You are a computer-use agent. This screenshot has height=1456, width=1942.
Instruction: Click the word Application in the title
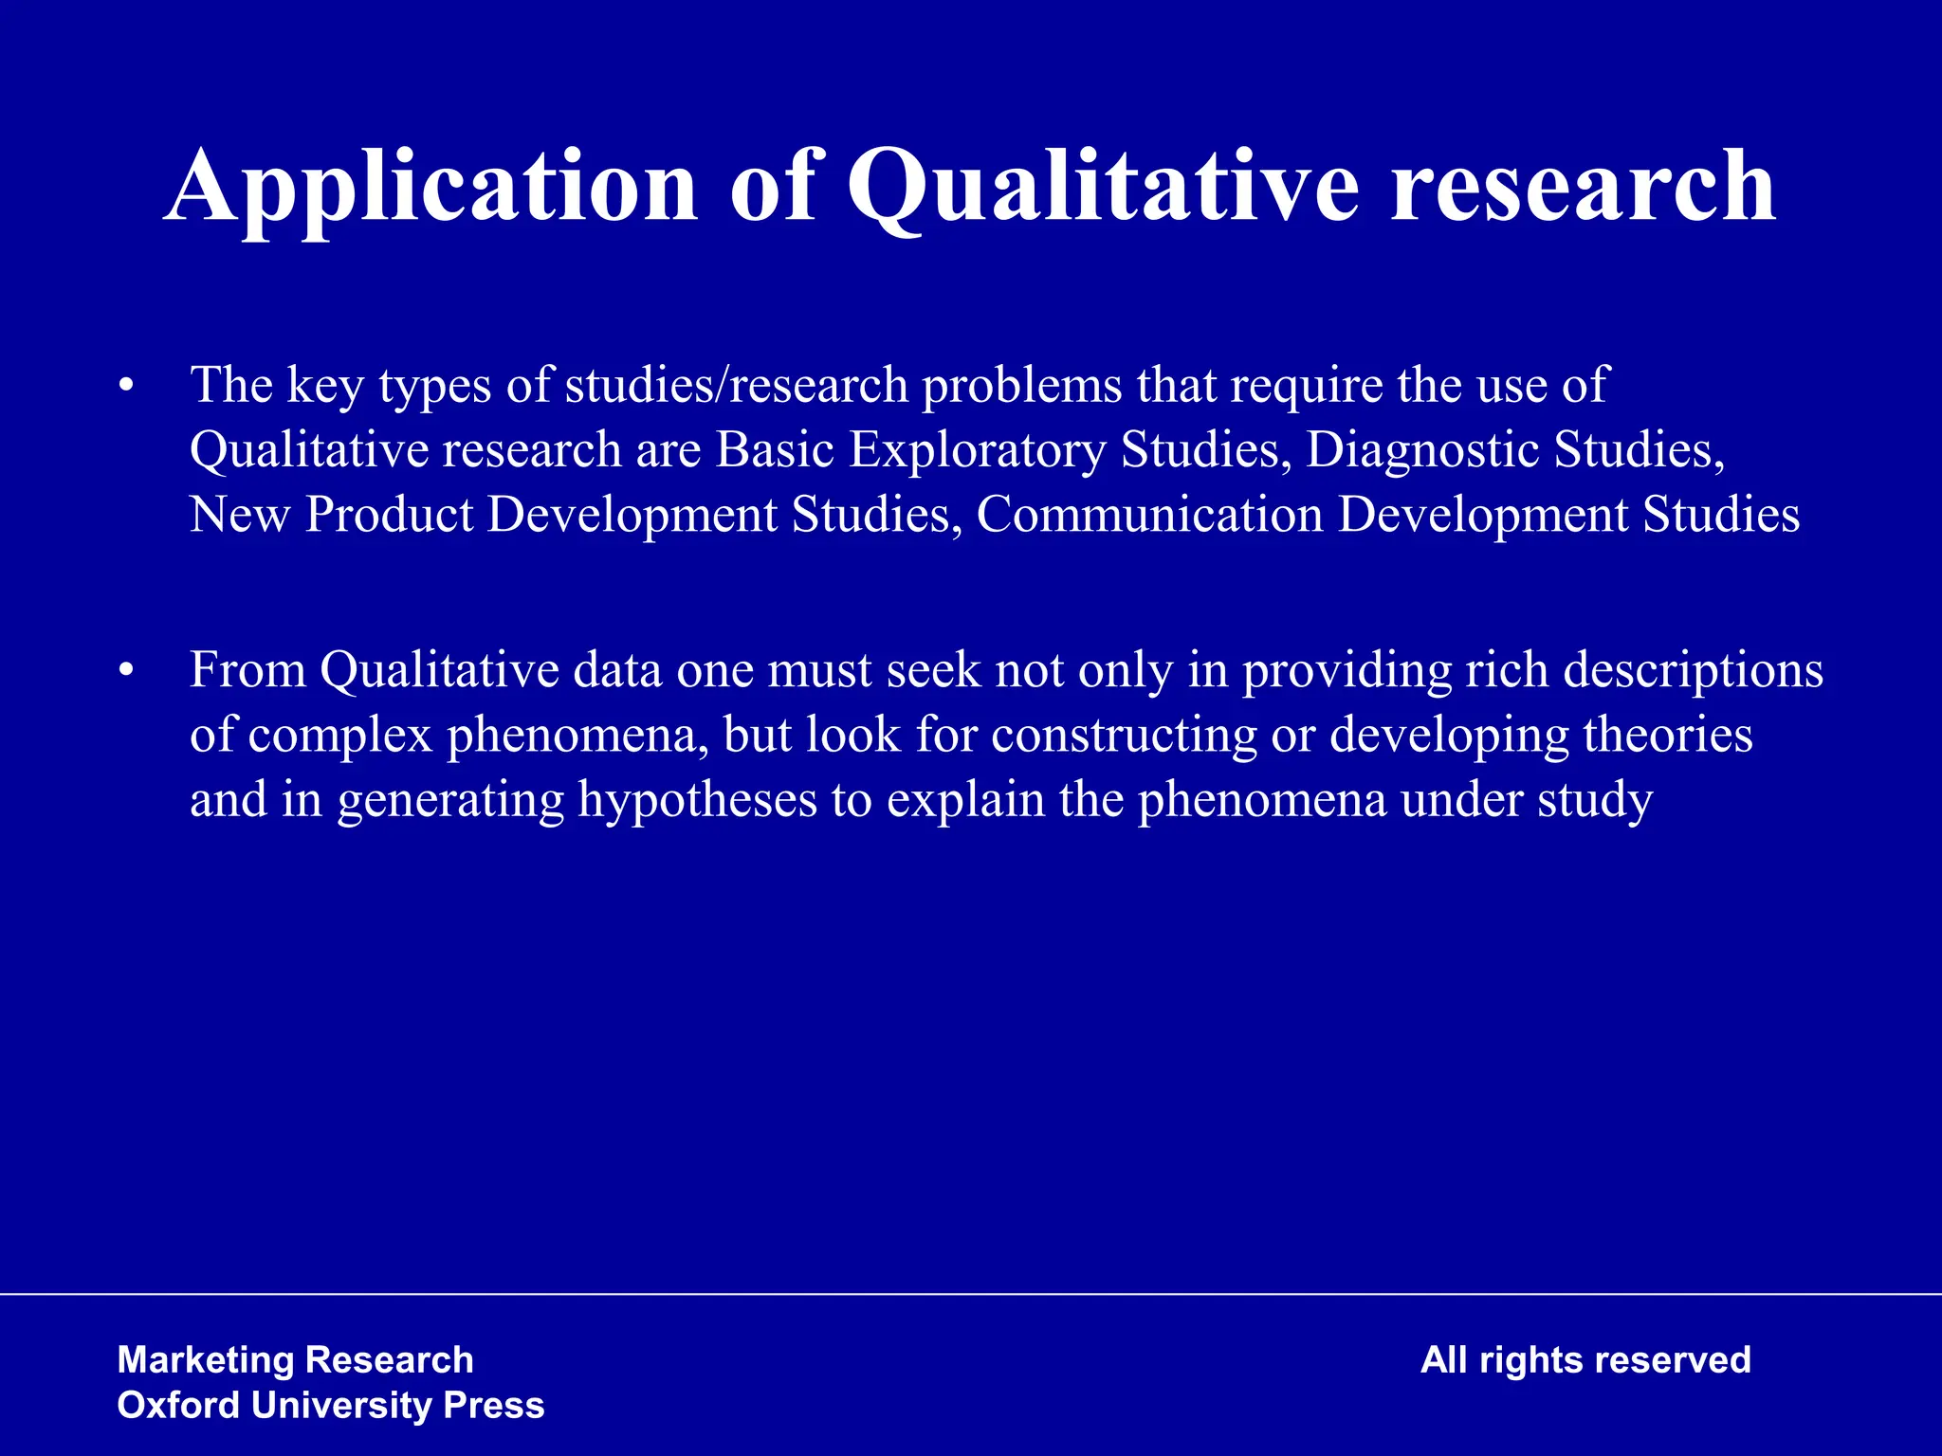point(431,187)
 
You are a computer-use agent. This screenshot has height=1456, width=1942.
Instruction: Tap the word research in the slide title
point(1583,187)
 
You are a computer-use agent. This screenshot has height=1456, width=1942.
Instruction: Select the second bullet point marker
point(126,671)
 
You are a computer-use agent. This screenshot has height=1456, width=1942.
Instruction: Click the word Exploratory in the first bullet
point(977,449)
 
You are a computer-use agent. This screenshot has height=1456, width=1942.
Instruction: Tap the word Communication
point(1149,515)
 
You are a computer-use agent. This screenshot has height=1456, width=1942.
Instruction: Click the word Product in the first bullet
point(389,515)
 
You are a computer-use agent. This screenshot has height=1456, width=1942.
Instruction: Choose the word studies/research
point(737,385)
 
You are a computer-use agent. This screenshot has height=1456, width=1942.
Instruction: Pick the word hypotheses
point(698,799)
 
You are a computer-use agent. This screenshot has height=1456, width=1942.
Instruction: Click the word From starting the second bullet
point(247,670)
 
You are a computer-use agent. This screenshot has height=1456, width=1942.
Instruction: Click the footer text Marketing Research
point(295,1360)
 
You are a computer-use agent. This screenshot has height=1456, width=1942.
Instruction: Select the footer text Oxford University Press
point(330,1405)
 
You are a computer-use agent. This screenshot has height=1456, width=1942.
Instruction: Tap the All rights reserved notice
point(1585,1360)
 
